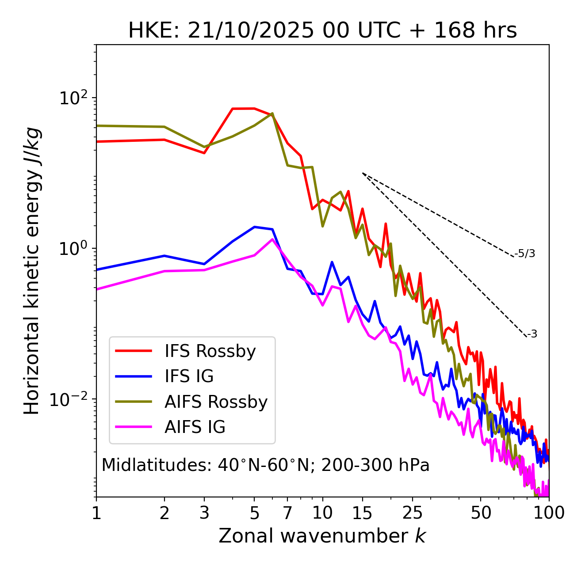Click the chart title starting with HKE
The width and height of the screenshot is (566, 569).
(x=322, y=31)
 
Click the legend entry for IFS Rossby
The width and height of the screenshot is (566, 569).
(x=210, y=351)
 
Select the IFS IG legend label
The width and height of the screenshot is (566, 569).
(x=189, y=376)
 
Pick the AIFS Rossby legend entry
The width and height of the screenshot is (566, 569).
(x=216, y=402)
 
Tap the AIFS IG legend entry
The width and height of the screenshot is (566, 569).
(x=195, y=427)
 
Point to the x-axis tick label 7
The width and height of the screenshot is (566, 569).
(x=287, y=513)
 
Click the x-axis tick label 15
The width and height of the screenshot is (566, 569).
(x=362, y=513)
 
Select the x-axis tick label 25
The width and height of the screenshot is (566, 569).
(x=413, y=513)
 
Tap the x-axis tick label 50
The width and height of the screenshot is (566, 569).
(x=481, y=513)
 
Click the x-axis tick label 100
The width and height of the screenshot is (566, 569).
(x=548, y=513)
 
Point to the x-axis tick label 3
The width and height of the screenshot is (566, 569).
(x=204, y=513)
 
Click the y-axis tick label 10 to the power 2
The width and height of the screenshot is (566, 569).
(x=73, y=98)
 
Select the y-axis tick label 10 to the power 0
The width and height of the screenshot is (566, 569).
(x=73, y=249)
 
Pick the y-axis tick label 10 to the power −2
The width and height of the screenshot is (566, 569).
(x=71, y=399)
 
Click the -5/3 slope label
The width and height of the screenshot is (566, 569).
(x=525, y=254)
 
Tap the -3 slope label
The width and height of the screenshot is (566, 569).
(x=532, y=334)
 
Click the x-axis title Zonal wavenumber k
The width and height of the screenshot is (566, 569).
(x=322, y=536)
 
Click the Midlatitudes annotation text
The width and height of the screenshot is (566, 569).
(x=265, y=465)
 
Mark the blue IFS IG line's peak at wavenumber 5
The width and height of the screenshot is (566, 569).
(x=254, y=227)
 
